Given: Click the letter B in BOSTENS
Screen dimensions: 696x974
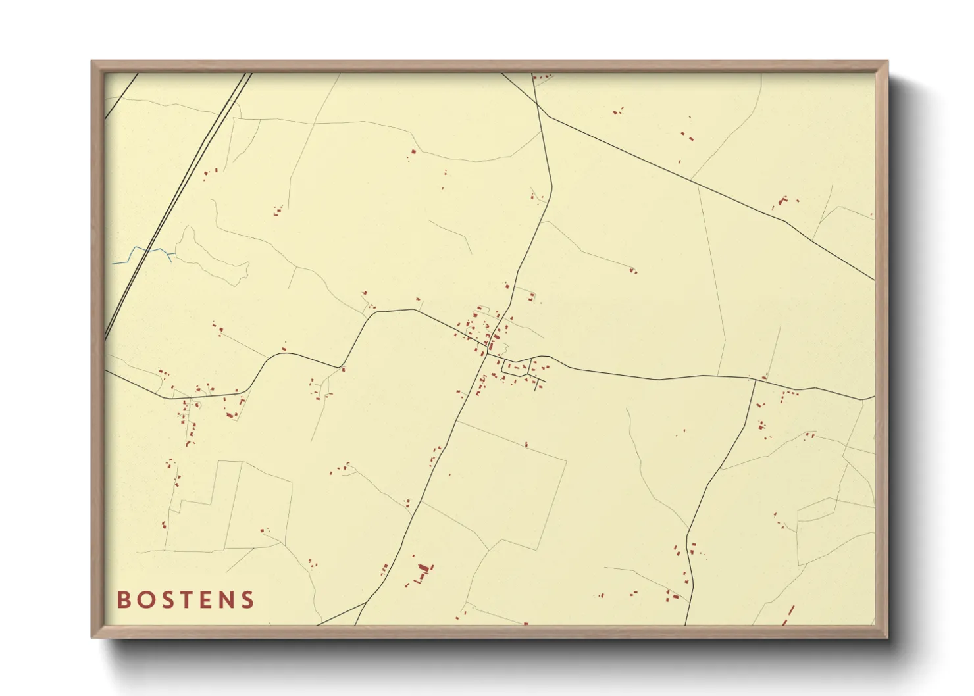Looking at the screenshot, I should click(123, 600).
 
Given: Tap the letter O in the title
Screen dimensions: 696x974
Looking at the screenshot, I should click(145, 600).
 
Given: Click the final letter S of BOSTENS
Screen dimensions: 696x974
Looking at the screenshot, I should click(248, 600).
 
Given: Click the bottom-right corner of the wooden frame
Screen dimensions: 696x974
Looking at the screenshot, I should click(886, 637).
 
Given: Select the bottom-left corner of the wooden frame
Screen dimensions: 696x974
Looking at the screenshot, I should click(93, 637).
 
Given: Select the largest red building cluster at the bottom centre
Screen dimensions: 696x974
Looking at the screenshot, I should click(422, 570).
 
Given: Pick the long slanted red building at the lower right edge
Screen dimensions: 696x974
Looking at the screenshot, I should click(788, 614).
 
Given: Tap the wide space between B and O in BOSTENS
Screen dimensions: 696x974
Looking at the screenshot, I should click(134, 600).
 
